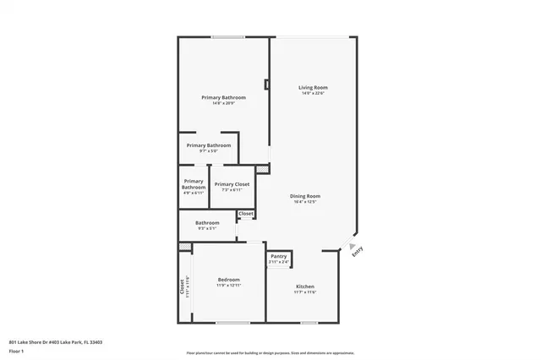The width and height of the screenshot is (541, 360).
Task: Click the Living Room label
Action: (x=313, y=88)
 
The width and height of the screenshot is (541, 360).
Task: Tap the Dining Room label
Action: (x=305, y=196)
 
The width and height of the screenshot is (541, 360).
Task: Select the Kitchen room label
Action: (x=305, y=287)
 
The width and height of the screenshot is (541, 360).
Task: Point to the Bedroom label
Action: (x=228, y=280)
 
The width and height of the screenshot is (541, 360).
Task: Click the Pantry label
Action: (x=278, y=256)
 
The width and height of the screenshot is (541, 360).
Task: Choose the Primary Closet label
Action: (x=231, y=184)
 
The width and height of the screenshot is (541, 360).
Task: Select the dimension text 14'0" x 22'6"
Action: (x=313, y=94)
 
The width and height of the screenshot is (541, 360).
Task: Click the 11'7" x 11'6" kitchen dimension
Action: (x=305, y=293)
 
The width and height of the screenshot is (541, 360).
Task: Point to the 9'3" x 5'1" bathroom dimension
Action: (x=207, y=229)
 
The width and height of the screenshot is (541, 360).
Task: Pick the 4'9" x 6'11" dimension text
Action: (x=194, y=193)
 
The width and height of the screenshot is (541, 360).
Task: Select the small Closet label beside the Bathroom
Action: (x=246, y=214)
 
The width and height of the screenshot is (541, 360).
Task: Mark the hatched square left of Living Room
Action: (x=263, y=169)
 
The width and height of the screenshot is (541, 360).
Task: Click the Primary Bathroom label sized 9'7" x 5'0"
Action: (x=209, y=145)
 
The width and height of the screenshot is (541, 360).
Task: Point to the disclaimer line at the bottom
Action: (x=270, y=352)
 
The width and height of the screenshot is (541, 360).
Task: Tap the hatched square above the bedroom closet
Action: (x=184, y=247)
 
